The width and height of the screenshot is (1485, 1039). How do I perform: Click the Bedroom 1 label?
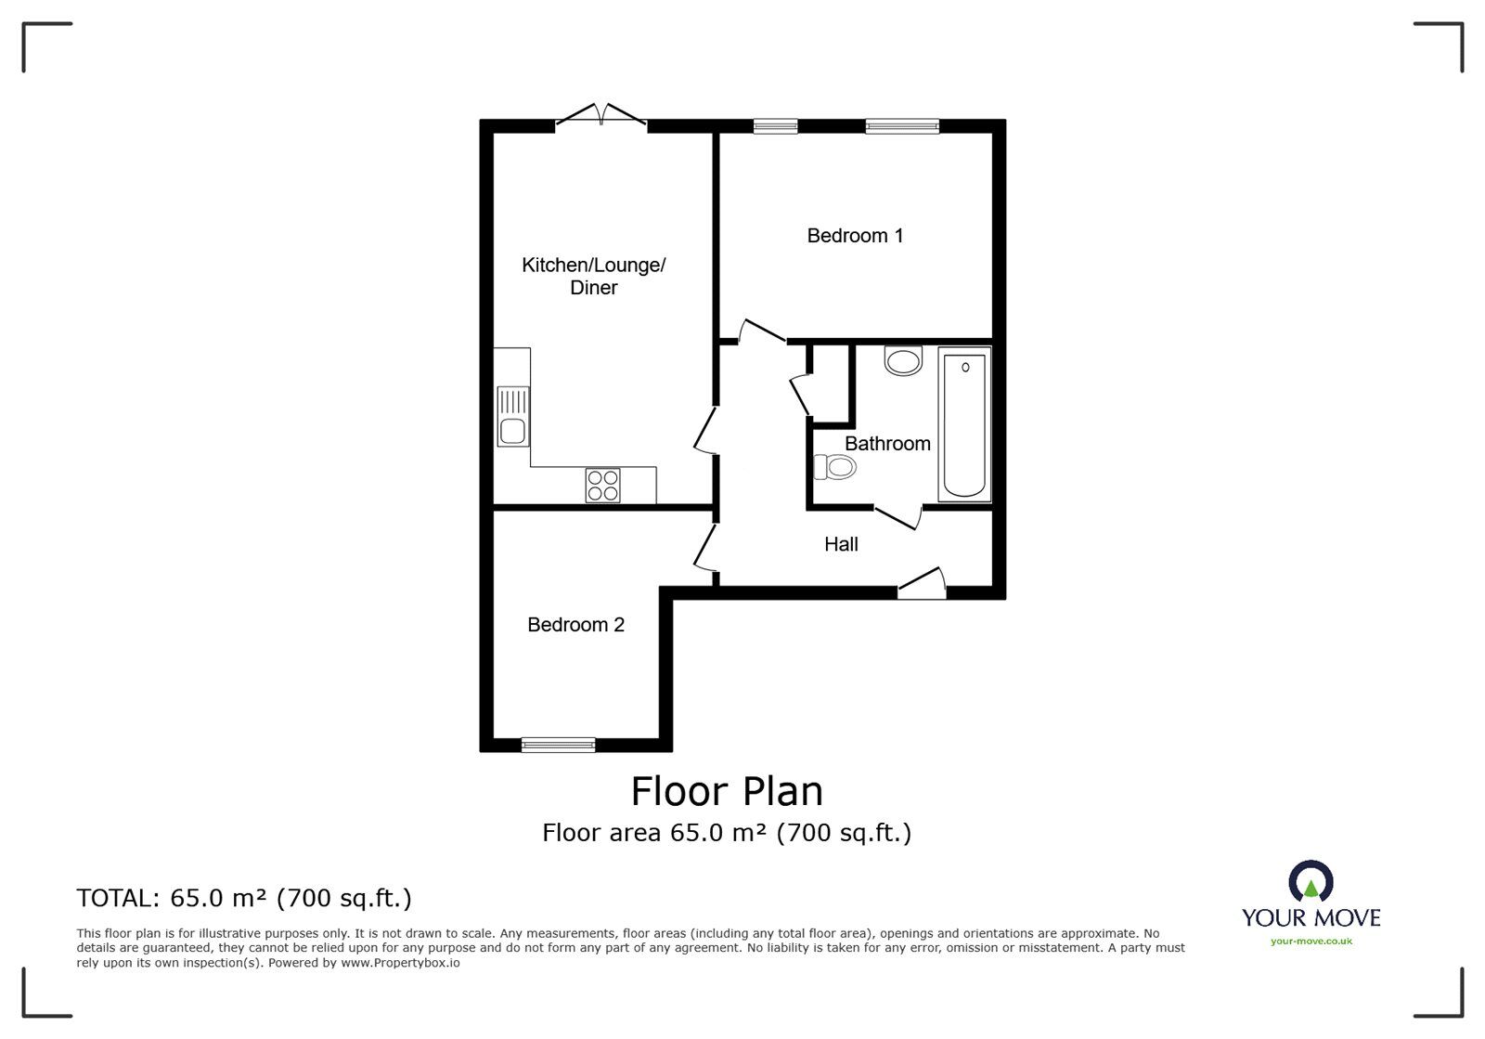click(x=855, y=236)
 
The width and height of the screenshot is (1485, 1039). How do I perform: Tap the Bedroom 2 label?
click(x=575, y=625)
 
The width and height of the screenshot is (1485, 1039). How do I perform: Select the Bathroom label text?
click(x=887, y=444)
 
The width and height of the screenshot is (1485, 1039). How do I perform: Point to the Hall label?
click(x=841, y=544)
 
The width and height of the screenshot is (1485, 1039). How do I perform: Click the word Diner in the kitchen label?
click(x=593, y=288)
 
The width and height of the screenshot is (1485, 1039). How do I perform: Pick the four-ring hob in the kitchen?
click(x=602, y=486)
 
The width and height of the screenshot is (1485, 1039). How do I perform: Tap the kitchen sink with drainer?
click(x=513, y=416)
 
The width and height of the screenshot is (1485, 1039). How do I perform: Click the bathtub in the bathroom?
click(x=964, y=424)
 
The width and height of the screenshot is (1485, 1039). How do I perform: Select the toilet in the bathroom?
click(x=834, y=467)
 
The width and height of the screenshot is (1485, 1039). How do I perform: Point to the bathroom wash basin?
click(x=903, y=360)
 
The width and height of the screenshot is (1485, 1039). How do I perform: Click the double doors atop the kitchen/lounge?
click(x=600, y=115)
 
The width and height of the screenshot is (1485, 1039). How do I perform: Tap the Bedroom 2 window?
click(x=558, y=746)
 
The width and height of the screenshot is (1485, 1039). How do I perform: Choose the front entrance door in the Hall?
click(x=922, y=583)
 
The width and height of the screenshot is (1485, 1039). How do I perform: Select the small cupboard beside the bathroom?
click(x=831, y=383)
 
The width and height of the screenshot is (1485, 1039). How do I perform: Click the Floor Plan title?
click(x=727, y=792)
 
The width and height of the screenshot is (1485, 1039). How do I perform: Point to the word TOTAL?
click(x=118, y=898)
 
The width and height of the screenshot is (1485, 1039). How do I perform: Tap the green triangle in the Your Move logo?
click(x=1311, y=890)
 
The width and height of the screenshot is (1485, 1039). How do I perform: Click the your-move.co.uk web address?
click(x=1311, y=942)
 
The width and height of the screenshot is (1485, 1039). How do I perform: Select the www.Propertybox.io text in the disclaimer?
click(x=400, y=963)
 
